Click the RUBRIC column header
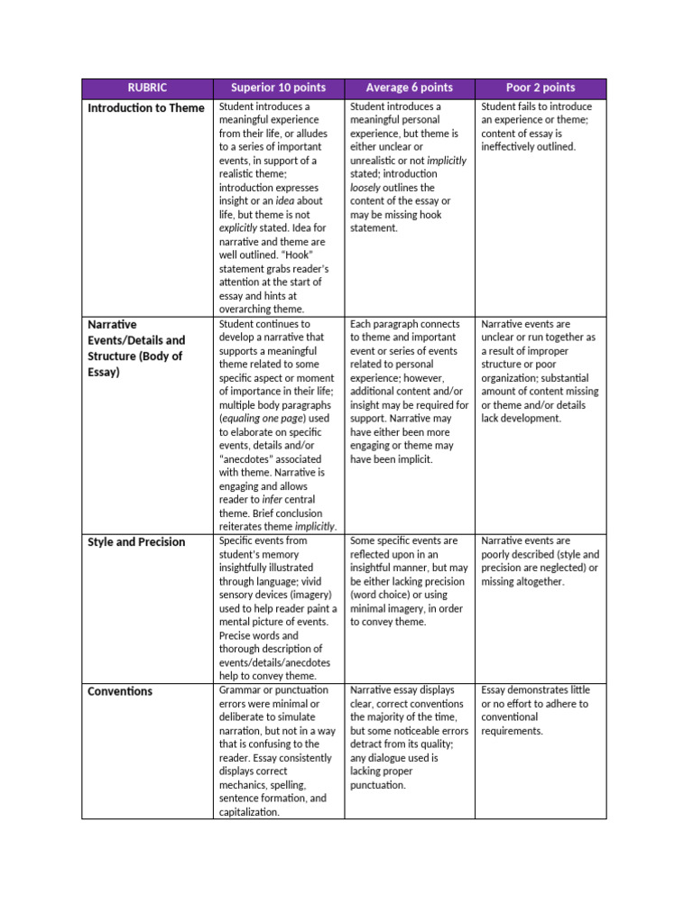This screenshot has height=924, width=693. click(146, 88)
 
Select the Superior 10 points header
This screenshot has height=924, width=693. click(278, 88)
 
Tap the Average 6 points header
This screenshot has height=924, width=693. click(409, 88)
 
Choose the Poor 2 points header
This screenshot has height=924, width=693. click(541, 88)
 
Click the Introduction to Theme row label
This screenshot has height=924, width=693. click(146, 108)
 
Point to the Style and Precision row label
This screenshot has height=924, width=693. click(136, 542)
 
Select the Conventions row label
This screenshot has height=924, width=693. click(120, 692)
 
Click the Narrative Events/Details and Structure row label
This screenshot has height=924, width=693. click(136, 347)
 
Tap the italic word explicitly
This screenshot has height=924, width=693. click(238, 228)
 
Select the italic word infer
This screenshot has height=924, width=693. click(273, 500)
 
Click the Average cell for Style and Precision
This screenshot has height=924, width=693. click(409, 581)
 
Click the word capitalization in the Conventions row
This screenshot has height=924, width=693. click(249, 812)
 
